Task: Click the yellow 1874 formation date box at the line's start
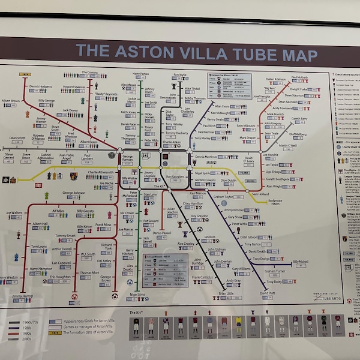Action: [25, 74]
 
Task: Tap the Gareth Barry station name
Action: [300, 119]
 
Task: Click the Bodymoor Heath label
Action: [278, 203]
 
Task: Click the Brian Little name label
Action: [226, 293]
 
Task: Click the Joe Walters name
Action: [14, 212]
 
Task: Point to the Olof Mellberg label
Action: [297, 134]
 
